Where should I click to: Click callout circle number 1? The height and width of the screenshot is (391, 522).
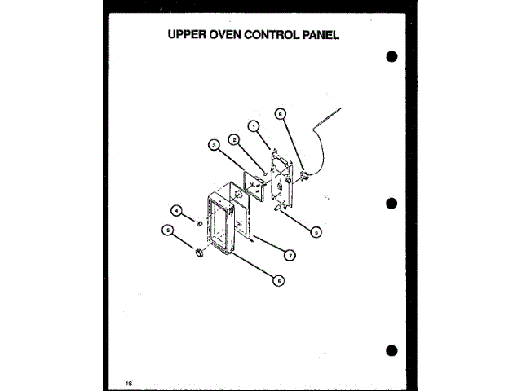pyautogui.click(x=254, y=126)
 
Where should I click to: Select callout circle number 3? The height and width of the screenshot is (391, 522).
pyautogui.click(x=213, y=146)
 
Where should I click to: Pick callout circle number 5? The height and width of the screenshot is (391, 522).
pyautogui.click(x=169, y=231)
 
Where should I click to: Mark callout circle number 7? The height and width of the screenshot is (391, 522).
pyautogui.click(x=289, y=255)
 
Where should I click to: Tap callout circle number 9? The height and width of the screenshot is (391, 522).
pyautogui.click(x=316, y=231)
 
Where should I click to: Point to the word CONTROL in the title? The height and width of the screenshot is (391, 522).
pyautogui.click(x=266, y=36)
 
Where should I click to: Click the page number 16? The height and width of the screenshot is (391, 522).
pyautogui.click(x=129, y=382)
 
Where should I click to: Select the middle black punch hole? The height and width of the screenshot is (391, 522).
pyautogui.click(x=392, y=204)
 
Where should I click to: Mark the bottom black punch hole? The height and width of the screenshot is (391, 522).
pyautogui.click(x=392, y=351)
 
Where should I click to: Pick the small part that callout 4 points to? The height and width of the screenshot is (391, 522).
pyautogui.click(x=198, y=220)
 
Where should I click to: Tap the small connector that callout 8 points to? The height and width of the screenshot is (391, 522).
pyautogui.click(x=305, y=174)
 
